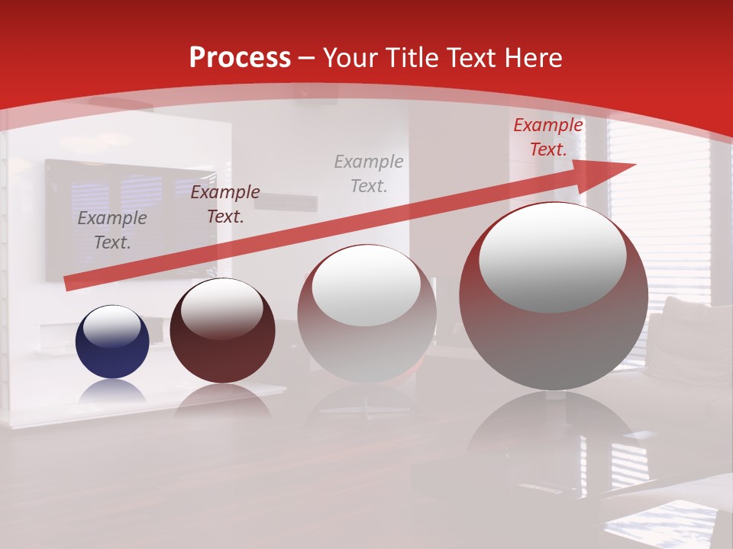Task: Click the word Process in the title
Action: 240,58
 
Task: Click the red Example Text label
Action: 547,137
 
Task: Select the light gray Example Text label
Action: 369,173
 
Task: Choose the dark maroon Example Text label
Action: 224,204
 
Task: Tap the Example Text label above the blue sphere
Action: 112,230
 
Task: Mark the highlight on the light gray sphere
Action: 366,286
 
